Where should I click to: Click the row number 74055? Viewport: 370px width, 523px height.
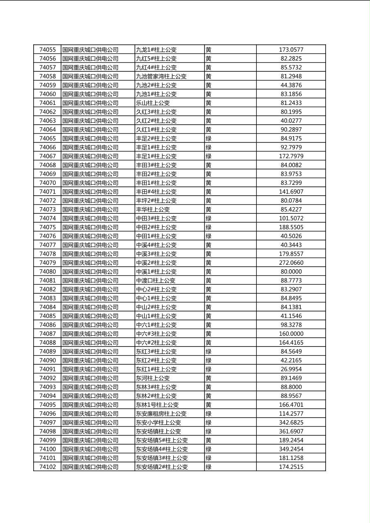pos(47,50)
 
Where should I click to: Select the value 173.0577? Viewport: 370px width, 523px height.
pos(291,50)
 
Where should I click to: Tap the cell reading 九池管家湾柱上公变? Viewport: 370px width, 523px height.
pos(161,76)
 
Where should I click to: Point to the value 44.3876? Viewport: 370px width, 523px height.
pos(291,85)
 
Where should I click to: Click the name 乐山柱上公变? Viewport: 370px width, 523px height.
pos(153,103)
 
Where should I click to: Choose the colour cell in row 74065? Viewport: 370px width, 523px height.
pos(209,138)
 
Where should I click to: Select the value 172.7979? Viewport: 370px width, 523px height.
pos(291,156)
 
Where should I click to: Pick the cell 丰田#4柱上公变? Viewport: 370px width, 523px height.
pos(156,191)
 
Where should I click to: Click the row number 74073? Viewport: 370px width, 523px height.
pos(47,209)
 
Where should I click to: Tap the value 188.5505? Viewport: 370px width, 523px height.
pos(291,227)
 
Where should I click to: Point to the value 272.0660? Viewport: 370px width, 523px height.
pos(291,263)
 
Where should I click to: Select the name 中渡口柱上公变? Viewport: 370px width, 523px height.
pos(156,281)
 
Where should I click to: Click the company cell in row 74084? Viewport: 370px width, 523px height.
pos(90,307)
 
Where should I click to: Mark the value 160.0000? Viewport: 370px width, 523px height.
pos(291,334)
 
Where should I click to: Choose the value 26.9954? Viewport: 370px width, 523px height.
pos(291,369)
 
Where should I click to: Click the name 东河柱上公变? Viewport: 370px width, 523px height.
pos(153,378)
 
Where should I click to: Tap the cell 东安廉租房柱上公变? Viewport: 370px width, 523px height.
pos(161,414)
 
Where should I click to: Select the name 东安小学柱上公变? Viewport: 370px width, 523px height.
pos(158,422)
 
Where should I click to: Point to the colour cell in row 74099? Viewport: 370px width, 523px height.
pos(209,440)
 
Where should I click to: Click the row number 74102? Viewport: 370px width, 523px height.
pos(47,467)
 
